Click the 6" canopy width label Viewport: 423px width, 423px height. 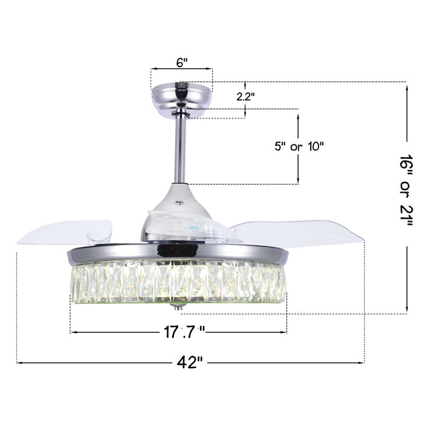tap(181, 63)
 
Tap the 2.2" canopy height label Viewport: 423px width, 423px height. tap(245, 95)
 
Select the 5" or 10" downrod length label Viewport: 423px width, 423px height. tap(299, 146)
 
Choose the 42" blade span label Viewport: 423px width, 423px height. tap(189, 362)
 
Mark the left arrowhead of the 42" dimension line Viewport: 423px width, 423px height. tap(19, 363)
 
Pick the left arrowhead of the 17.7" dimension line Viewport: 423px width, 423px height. tap(73, 331)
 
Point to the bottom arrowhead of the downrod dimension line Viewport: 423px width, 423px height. tap(298, 181)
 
